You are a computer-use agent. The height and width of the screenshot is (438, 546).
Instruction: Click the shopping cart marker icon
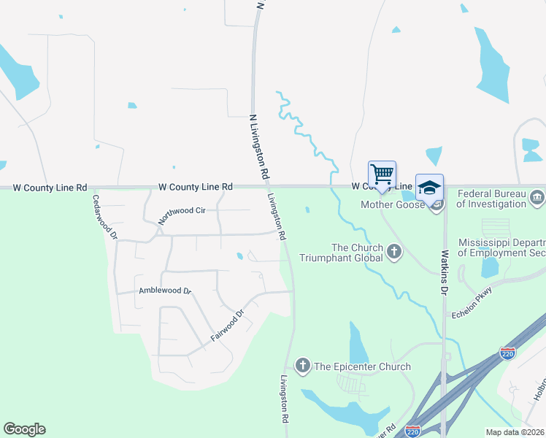click(382, 174)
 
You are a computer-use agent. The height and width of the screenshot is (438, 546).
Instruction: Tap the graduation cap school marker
click(429, 187)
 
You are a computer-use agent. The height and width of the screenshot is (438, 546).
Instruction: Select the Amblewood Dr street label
click(164, 291)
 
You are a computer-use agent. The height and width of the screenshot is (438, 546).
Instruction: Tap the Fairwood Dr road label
click(226, 328)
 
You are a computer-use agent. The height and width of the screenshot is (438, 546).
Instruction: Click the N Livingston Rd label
click(259, 147)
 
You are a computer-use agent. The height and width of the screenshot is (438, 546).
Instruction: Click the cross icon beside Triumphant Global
click(393, 253)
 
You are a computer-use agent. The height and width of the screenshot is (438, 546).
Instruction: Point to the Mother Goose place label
click(393, 204)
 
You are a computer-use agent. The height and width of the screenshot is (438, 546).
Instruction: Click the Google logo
click(24, 429)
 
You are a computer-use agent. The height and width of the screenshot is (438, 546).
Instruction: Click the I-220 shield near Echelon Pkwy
click(508, 353)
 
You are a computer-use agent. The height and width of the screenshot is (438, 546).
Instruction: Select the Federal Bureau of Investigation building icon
click(537, 196)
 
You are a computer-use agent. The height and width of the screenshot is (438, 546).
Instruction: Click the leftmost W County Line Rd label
click(50, 187)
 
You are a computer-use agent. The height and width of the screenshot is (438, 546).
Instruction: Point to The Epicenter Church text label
click(362, 366)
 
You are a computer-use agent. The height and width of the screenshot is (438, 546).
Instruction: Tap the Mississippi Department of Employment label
click(501, 247)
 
